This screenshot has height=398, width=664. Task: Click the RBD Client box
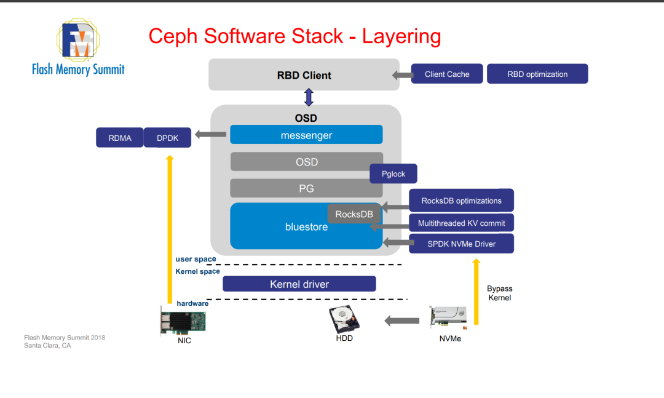click(304, 75)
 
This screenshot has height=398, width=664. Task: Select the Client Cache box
click(447, 74)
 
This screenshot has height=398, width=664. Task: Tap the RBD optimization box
click(537, 74)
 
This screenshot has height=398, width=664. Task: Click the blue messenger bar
click(306, 135)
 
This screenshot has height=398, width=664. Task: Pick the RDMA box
click(120, 138)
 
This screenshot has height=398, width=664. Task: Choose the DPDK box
click(167, 138)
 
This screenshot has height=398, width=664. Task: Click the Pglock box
click(393, 173)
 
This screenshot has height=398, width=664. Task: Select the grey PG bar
click(306, 188)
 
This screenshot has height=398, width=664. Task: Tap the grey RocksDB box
click(354, 214)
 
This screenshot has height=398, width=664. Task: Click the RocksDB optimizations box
click(461, 201)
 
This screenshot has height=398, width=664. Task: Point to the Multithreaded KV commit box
click(461, 223)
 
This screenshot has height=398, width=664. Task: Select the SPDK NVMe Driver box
click(461, 244)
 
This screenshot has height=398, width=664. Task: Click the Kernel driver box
click(299, 284)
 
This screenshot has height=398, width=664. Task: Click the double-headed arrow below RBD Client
click(309, 97)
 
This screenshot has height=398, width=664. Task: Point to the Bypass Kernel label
click(499, 293)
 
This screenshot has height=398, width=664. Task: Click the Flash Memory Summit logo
click(78, 48)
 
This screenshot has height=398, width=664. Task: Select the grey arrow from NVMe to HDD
click(402, 320)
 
